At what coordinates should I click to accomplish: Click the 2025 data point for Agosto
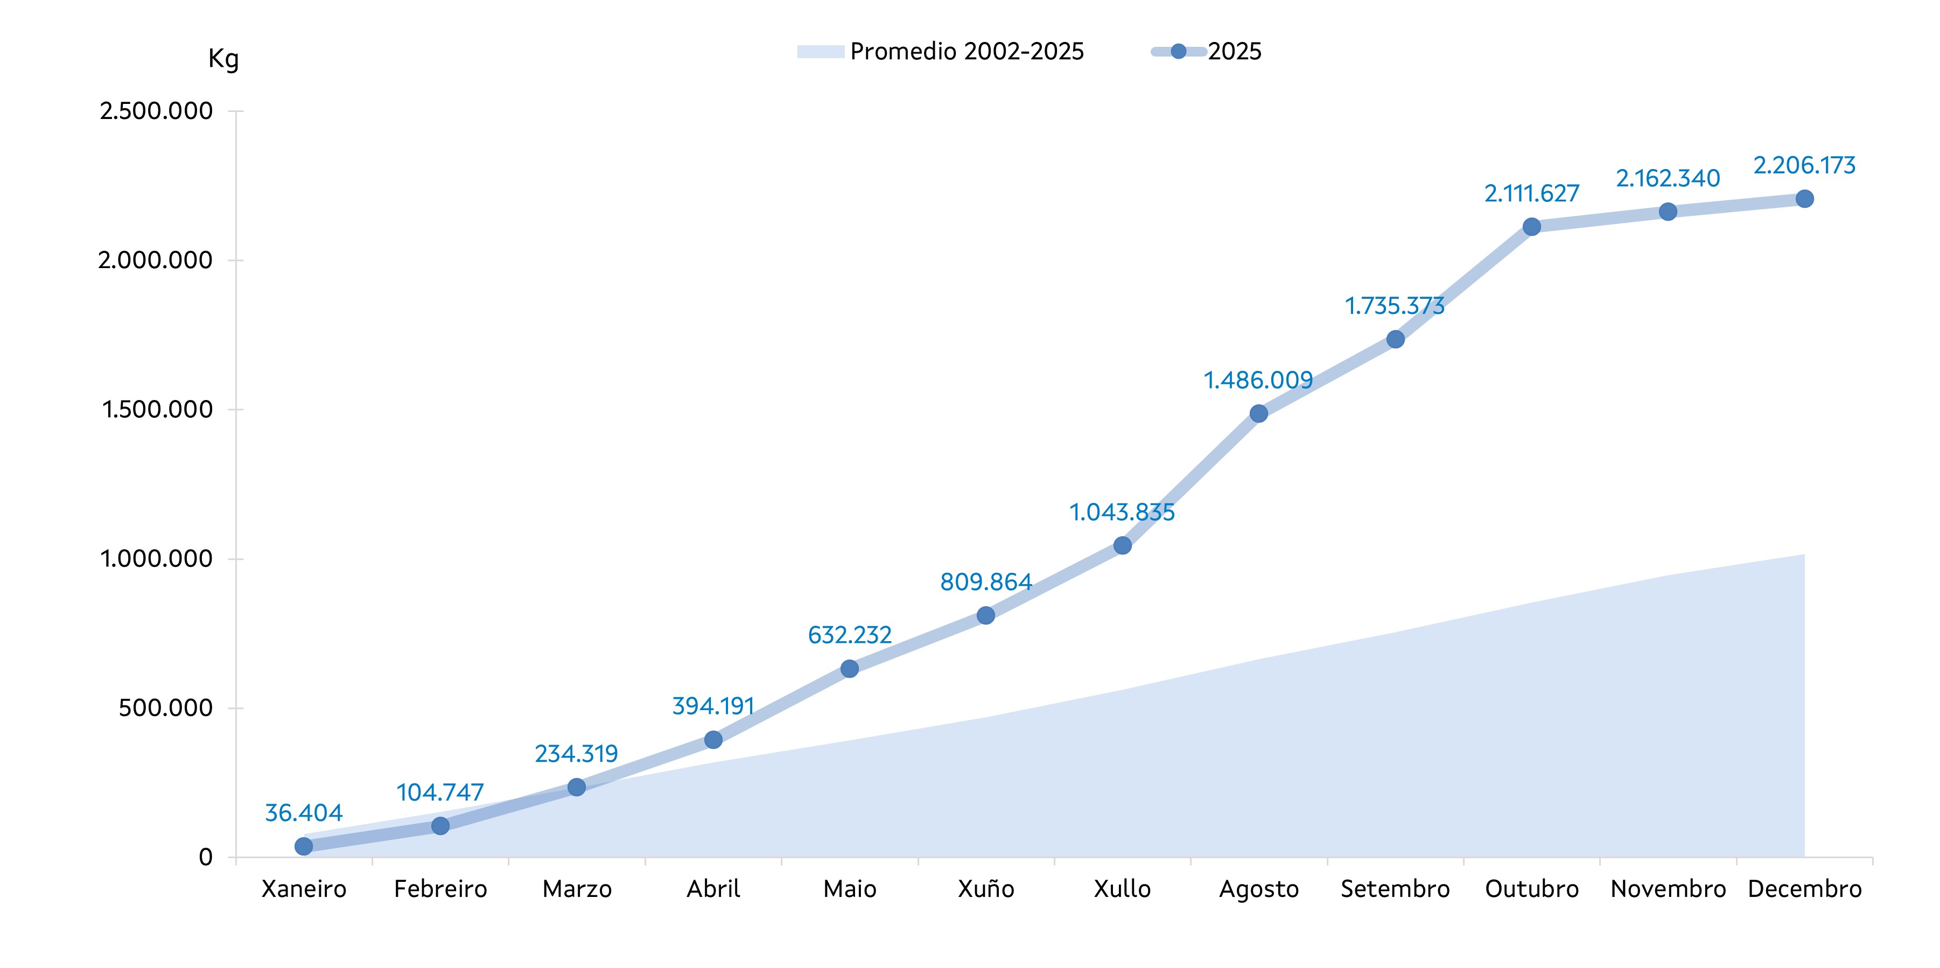1258,413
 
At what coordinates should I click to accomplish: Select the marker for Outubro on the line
1532,227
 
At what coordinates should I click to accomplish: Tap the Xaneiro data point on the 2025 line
304,846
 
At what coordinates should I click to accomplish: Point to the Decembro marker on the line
1804,199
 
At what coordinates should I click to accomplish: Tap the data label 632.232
850,636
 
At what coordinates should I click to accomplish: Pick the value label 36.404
304,813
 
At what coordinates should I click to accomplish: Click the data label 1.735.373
1395,306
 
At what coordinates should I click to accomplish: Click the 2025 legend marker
1179,51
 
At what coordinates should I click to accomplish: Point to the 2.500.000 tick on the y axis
156,111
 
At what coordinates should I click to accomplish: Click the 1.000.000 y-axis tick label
156,559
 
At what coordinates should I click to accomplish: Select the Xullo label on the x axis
1122,889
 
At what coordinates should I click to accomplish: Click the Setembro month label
1395,889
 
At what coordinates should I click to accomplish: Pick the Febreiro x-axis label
440,889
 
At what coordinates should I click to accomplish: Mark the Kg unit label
223,59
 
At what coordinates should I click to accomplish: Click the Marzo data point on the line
577,787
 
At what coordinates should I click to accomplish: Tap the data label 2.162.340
1668,179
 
